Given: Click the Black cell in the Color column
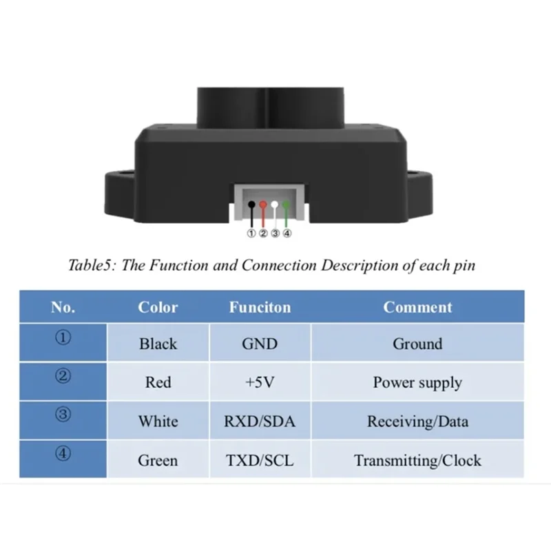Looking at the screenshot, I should [158, 343].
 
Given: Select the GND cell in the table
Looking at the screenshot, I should [260, 343].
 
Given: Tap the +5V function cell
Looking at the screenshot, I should [260, 382].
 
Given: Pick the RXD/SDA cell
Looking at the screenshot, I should [260, 421].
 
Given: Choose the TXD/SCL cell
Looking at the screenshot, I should [260, 459].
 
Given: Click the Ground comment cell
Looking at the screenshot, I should [417, 343].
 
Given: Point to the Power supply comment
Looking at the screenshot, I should [417, 382].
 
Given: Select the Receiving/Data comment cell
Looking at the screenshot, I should [417, 421].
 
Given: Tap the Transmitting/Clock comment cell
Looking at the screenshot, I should [417, 459].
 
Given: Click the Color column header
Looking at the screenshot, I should [158, 307].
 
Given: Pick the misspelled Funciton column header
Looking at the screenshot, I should [260, 307].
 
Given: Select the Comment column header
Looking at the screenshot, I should [417, 307].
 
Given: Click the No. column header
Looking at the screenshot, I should [63, 307].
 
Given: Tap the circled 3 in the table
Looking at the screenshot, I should [63, 415].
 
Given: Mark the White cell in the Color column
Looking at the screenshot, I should [158, 421].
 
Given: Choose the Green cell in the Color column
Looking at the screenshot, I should [158, 459].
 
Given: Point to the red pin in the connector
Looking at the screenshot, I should [263, 205].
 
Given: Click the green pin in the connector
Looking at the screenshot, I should [286, 205].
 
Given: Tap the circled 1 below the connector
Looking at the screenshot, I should [251, 233].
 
